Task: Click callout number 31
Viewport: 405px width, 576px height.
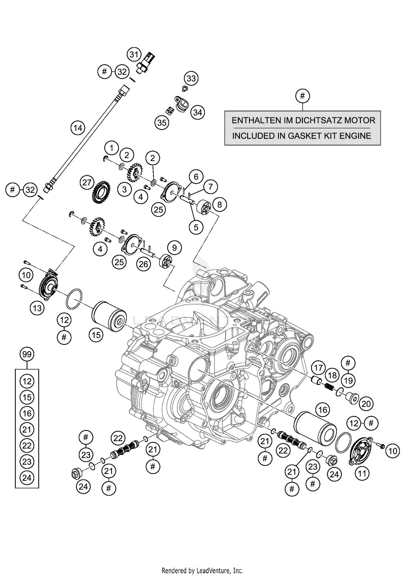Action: click(134, 55)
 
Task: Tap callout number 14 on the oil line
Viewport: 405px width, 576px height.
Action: click(78, 128)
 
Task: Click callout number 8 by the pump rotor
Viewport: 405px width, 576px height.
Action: click(219, 205)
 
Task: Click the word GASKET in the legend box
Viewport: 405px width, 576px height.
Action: click(313, 136)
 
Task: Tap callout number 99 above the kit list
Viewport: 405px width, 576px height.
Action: click(27, 354)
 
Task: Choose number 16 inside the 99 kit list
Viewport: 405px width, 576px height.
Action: click(27, 413)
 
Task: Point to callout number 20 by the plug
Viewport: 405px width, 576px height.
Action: click(366, 404)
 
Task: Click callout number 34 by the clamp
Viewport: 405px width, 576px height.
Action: click(198, 112)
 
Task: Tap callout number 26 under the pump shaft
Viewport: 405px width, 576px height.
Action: click(143, 264)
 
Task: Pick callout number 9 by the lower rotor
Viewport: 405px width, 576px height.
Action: click(174, 248)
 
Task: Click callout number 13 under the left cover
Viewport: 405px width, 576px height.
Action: click(37, 308)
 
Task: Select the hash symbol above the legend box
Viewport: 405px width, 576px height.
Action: click(302, 96)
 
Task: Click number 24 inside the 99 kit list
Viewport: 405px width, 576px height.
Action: click(27, 478)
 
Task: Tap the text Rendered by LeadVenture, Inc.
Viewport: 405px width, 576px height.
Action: click(202, 571)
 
